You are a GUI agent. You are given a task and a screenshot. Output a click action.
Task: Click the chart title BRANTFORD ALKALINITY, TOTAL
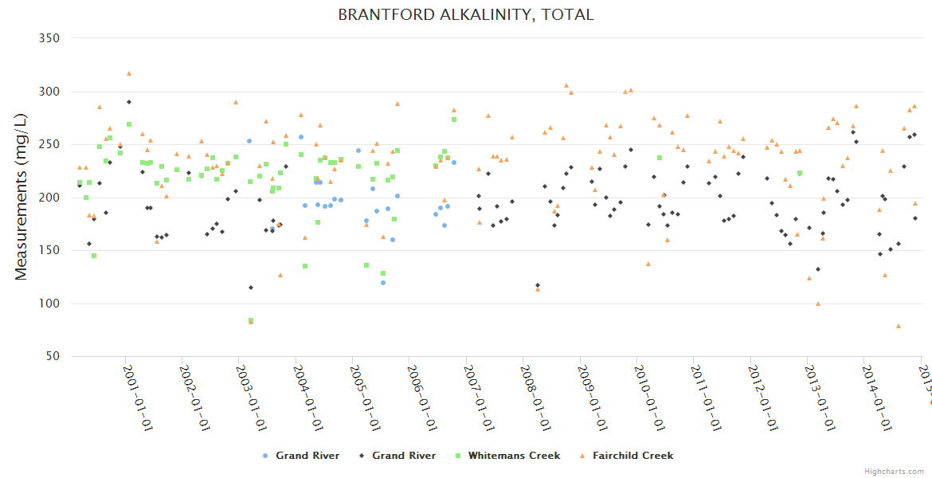click(x=466, y=14)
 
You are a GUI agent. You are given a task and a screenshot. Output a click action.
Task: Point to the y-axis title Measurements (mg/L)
click(x=22, y=198)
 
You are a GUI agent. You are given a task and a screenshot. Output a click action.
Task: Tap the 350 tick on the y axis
click(x=50, y=38)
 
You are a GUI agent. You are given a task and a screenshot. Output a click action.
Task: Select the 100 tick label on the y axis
click(x=50, y=304)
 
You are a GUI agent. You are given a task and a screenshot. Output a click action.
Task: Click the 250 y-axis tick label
click(x=50, y=144)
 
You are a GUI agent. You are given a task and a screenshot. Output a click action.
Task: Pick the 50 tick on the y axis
click(x=53, y=357)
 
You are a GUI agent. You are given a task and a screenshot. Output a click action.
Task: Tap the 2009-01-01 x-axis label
click(x=593, y=398)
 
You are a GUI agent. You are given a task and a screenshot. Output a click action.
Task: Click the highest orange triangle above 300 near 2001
click(x=129, y=74)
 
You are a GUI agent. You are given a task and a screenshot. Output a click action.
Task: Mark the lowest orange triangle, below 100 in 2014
click(x=899, y=326)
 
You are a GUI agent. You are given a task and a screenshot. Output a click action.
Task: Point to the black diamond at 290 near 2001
click(x=129, y=102)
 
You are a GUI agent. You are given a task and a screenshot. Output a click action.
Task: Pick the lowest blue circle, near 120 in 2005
click(x=383, y=283)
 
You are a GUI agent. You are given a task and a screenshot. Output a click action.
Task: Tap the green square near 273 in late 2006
click(x=454, y=119)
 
